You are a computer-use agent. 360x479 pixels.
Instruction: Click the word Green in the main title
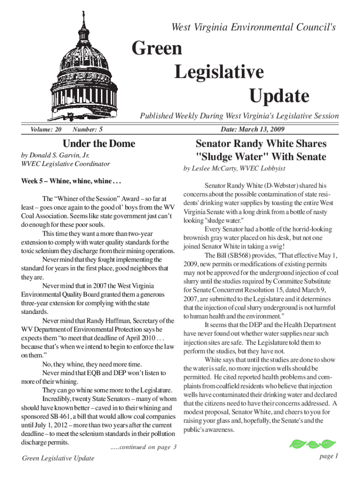point(157,49)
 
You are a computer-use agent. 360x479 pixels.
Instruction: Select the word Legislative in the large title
point(219,73)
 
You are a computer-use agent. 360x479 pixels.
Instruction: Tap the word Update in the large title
point(279,96)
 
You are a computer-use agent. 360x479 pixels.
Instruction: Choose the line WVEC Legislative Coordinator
point(65,164)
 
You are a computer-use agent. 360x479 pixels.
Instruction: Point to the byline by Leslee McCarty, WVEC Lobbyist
point(234,168)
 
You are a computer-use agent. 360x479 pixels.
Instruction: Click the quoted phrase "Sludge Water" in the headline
point(224,156)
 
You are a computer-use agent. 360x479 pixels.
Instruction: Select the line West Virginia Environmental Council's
point(254,28)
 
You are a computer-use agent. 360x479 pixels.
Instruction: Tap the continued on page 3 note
point(143,447)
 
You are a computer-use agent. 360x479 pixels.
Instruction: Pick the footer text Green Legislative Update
point(58,458)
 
